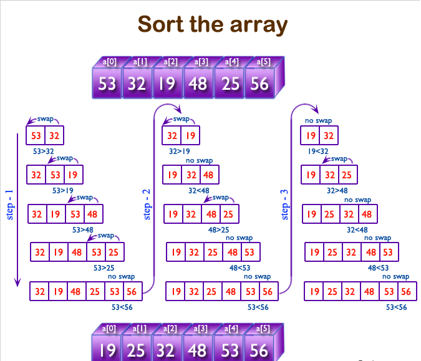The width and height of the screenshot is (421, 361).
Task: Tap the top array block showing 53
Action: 107,83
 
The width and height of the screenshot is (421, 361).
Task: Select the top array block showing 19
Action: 168,83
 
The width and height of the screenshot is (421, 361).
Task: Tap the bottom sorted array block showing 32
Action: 167,349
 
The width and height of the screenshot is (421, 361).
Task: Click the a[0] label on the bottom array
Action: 110,327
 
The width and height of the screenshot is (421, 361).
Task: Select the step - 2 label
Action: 147,205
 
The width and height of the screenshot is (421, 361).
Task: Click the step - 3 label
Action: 285,205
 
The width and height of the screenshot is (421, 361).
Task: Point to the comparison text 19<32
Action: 319,151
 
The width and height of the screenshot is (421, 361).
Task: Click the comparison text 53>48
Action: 83,230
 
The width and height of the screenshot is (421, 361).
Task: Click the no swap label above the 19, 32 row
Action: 318,121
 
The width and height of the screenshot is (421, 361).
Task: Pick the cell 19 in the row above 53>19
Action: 74,175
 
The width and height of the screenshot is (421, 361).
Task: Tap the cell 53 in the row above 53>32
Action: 36,135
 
